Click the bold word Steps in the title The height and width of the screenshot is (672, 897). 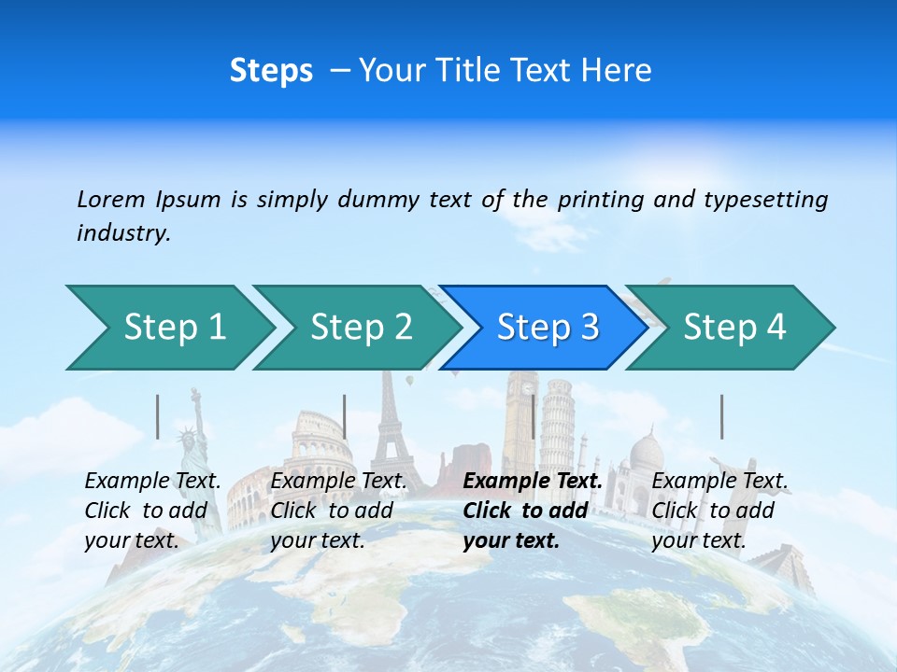click(x=271, y=71)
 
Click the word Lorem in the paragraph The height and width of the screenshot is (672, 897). click(x=111, y=199)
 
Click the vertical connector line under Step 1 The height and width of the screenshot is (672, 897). click(x=158, y=416)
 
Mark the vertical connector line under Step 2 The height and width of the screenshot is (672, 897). click(x=345, y=416)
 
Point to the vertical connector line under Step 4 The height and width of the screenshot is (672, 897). click(x=721, y=416)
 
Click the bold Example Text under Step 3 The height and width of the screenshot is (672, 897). click(x=533, y=482)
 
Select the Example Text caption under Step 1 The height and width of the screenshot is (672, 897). click(x=153, y=482)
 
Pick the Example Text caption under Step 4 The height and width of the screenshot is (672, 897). click(x=719, y=482)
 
